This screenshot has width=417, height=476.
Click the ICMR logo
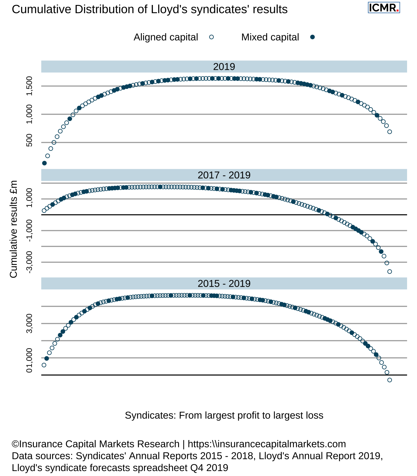click(x=384, y=7)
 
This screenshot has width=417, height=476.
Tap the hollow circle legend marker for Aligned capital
click(x=212, y=37)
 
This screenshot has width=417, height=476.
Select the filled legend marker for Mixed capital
click(x=312, y=37)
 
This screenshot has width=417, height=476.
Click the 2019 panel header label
click(x=224, y=67)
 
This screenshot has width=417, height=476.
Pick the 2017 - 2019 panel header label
click(x=224, y=175)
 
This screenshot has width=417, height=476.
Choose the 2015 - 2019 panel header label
click(x=224, y=284)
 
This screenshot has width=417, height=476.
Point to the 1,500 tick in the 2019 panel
click(x=29, y=86)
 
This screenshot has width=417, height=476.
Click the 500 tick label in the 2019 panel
click(x=29, y=143)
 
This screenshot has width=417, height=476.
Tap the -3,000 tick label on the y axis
click(x=29, y=262)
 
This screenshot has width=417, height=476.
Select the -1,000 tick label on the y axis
click(x=29, y=231)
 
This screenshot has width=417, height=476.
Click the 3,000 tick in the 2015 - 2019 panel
click(x=29, y=324)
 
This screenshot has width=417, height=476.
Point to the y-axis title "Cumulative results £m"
click(x=13, y=229)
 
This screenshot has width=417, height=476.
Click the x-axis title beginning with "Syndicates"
click(x=224, y=415)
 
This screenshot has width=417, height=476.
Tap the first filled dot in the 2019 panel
click(x=44, y=163)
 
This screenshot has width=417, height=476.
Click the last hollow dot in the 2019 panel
click(x=390, y=132)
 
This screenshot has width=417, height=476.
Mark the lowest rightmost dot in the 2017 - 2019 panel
click(x=390, y=272)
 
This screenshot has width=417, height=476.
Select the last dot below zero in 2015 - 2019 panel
click(x=390, y=380)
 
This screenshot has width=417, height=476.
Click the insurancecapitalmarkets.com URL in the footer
click(x=267, y=444)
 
